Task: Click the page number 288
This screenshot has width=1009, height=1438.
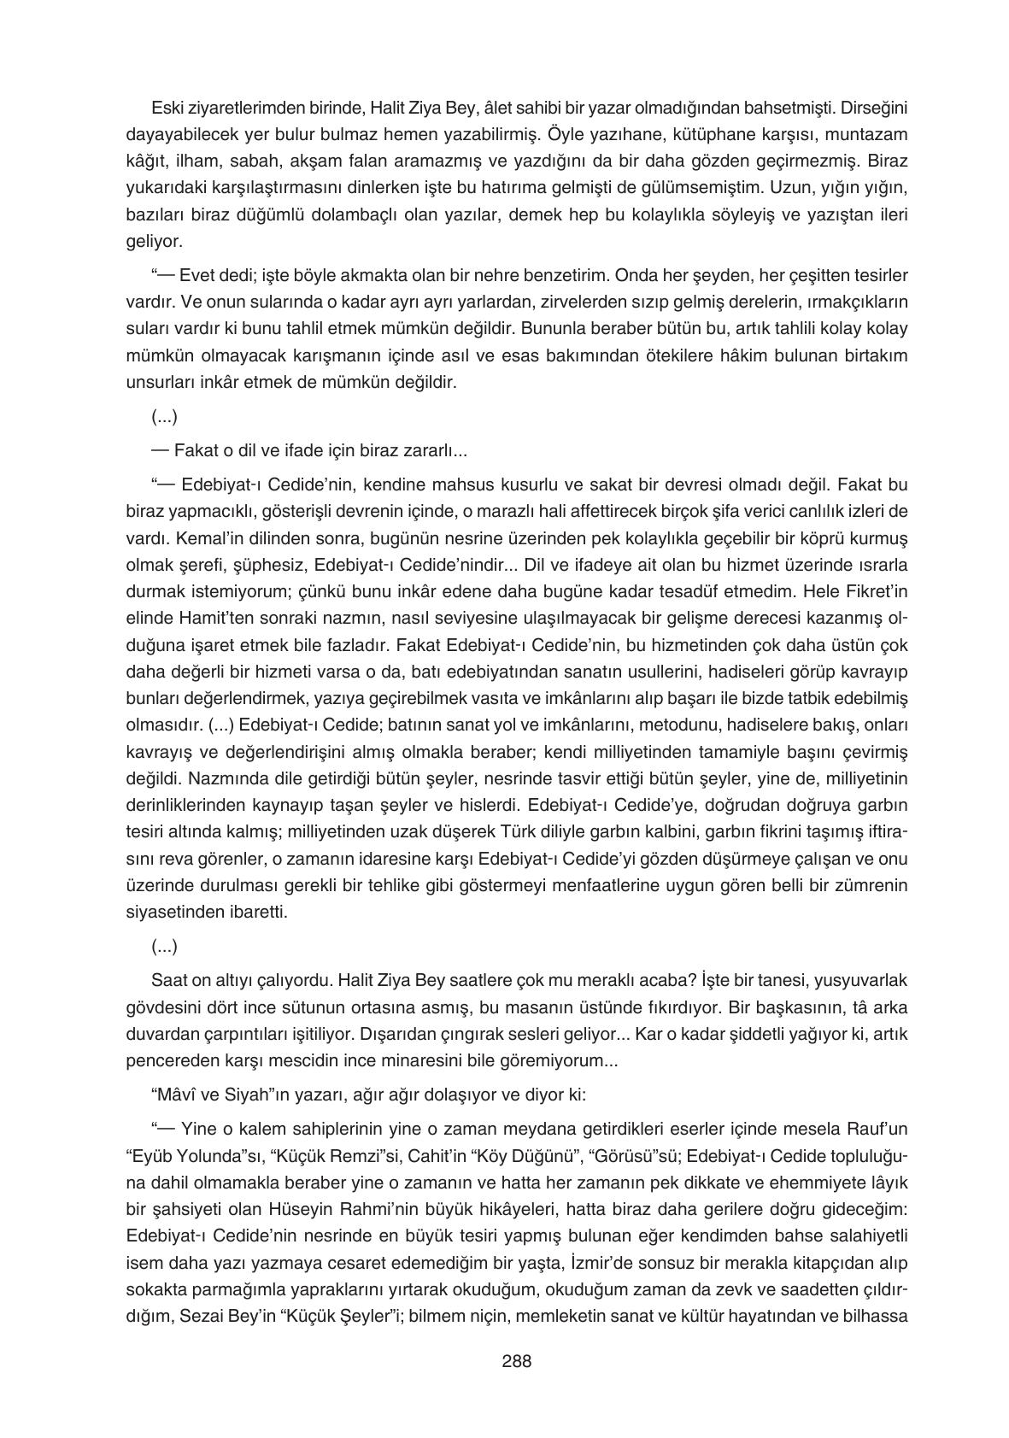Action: point(516,1361)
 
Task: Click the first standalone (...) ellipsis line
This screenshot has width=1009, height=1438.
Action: point(164,417)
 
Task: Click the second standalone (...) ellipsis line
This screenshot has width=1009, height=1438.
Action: point(164,947)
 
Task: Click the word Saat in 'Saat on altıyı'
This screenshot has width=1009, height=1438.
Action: point(167,979)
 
